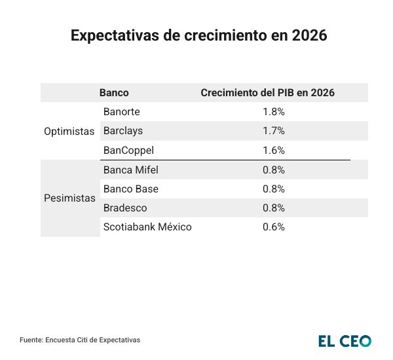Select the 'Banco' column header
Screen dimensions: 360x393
pos(114,93)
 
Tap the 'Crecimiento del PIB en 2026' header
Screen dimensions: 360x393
pos(267,93)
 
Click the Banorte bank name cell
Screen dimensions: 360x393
pos(122,112)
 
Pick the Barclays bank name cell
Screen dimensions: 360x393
pos(123,131)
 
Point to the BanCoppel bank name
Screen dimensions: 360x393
pos(128,150)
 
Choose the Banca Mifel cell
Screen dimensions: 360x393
pos(131,170)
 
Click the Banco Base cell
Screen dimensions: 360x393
pos(131,189)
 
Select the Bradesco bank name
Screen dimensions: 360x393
pos(125,208)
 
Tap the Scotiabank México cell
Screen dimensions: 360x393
pos(147,227)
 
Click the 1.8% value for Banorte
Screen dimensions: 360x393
pos(274,112)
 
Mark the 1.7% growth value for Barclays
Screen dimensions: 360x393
pos(274,131)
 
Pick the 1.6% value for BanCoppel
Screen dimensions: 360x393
pos(274,150)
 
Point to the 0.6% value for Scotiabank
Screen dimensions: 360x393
pos(274,227)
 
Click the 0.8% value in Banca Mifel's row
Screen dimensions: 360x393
pos(274,170)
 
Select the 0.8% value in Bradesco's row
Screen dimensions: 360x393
pos(274,208)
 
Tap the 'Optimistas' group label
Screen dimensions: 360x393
pos(69,131)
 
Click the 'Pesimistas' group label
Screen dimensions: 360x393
pos(69,198)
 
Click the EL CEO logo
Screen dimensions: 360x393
pos(345,340)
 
